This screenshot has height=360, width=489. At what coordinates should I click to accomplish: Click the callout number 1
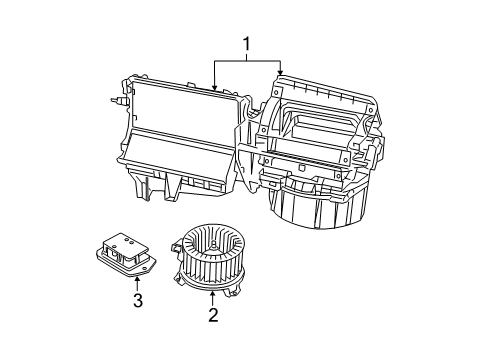[246, 44]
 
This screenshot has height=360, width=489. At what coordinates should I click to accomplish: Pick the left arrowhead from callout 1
[214, 89]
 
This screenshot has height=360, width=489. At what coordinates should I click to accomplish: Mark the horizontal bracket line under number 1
[246, 61]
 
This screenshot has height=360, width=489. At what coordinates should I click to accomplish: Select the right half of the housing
[320, 140]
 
